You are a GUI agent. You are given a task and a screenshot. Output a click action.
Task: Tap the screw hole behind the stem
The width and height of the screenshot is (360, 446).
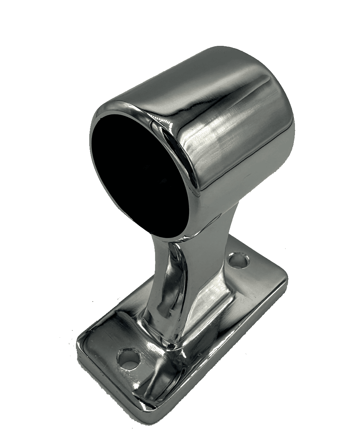pyautogui.click(x=239, y=261)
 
